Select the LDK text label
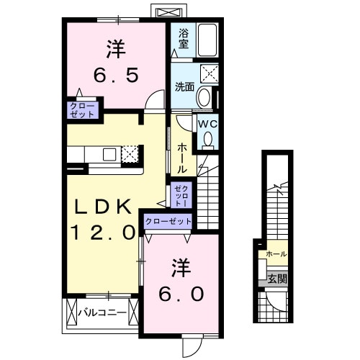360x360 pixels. point(104,207)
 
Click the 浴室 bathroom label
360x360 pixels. point(184,38)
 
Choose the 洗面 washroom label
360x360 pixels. point(184,87)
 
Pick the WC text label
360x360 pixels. point(207,123)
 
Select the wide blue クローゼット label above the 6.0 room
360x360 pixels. point(168,222)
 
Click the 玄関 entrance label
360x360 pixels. point(276,278)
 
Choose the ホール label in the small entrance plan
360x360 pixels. point(276,254)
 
